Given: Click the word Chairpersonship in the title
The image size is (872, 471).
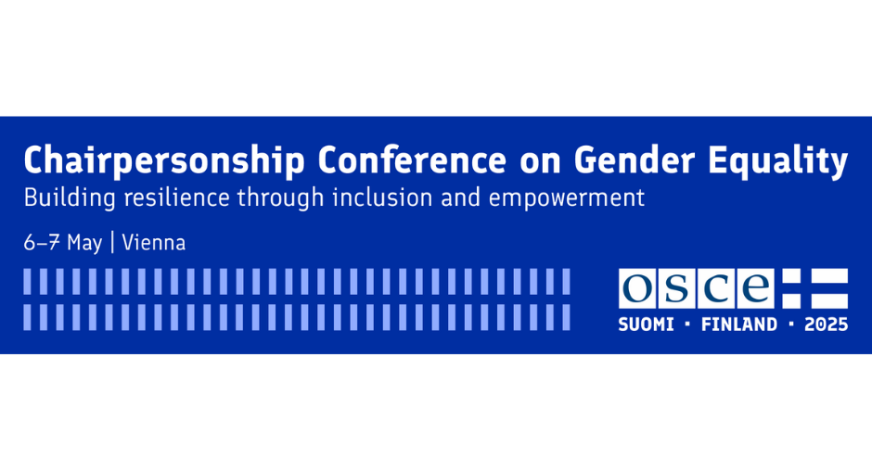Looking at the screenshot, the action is point(164,161).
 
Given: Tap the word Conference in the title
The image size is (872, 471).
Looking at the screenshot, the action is point(412,159).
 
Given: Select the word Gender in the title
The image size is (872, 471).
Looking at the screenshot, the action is point(634,159).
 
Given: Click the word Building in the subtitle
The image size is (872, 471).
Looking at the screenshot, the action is point(70,198).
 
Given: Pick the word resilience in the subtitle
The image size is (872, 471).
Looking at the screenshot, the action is point(177,197).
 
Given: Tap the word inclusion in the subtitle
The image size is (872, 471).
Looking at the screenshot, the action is point(382,197).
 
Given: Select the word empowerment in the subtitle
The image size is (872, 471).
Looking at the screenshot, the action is point(567,199).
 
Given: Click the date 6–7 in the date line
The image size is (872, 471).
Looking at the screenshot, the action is point(42,243).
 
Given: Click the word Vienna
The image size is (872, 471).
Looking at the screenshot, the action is point(153,243).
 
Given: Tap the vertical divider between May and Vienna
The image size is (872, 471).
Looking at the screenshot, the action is point(112,243).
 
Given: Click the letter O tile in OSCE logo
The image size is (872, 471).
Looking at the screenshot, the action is point(637,288).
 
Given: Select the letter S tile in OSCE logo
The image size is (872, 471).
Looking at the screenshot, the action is point(676,288).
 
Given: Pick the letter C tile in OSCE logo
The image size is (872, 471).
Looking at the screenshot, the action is point(716,288).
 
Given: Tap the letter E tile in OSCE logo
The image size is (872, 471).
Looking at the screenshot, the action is point(755,288).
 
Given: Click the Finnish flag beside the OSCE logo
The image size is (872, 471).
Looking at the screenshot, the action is point(814,288).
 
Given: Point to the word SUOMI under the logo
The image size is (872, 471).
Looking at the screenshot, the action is point(647,325).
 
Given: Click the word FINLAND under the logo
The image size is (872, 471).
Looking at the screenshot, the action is point(739,325).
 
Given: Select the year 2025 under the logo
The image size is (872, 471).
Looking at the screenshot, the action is point(827,325).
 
